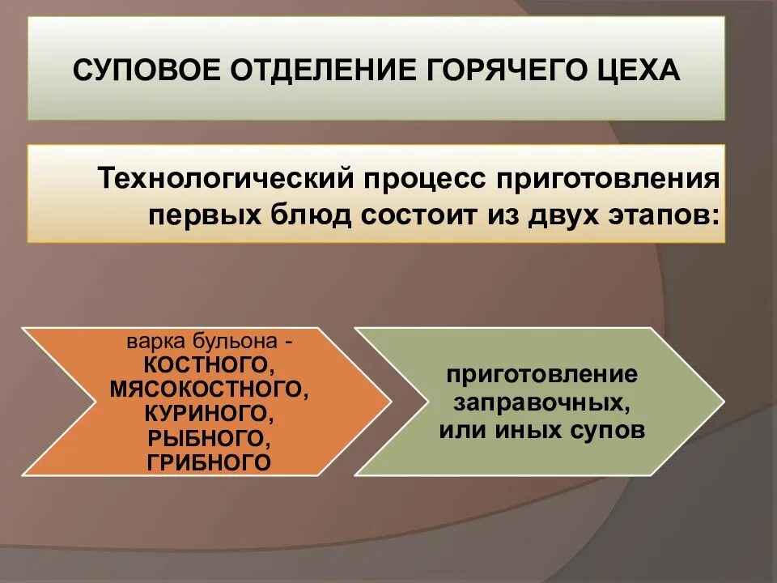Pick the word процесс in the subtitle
421,179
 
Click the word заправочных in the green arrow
541,402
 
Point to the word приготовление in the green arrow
541,376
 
